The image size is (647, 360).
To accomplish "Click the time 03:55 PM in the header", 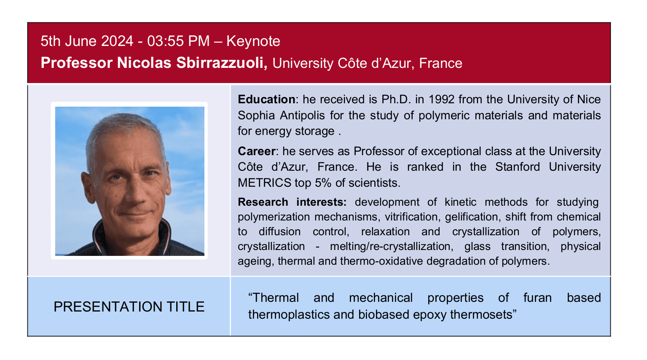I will point(178,41).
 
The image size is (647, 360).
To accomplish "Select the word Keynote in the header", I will point(253,41).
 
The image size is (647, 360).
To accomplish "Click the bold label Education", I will point(266,99).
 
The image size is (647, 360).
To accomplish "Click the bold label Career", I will point(256,151).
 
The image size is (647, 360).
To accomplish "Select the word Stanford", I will point(517,167).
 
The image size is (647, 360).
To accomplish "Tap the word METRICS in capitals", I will point(264,183).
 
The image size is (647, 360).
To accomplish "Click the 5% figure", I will point(323,183).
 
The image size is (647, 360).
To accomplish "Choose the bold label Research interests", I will point(292,202).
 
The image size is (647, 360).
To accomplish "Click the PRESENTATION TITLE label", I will point(129,306).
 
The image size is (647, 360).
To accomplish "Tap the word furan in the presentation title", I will point(537,298).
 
